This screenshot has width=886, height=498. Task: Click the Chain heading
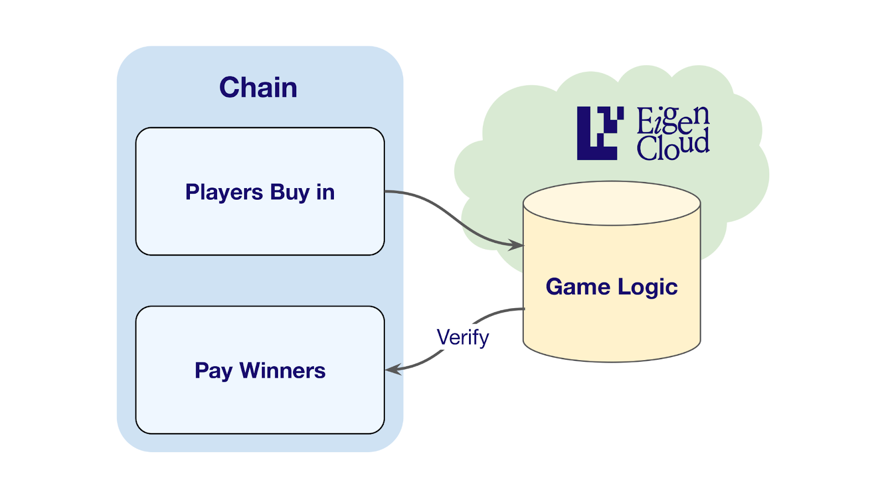point(258,87)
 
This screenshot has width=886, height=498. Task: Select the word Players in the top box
point(224,193)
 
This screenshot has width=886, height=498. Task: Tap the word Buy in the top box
point(290,193)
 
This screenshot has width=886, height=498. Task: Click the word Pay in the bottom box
point(213,371)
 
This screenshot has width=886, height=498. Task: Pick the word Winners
point(282,371)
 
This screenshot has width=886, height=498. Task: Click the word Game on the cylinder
point(578,287)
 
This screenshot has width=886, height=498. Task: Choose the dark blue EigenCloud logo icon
point(600,133)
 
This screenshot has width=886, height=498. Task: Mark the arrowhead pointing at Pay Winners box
point(393,370)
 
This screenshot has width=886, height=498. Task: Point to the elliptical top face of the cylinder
point(612,203)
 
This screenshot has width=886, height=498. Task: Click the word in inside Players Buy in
point(326,192)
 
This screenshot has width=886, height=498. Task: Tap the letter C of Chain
point(230,87)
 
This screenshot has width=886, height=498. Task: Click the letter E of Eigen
point(645,121)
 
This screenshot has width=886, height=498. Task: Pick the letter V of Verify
point(445,337)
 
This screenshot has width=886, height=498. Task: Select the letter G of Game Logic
point(555,287)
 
